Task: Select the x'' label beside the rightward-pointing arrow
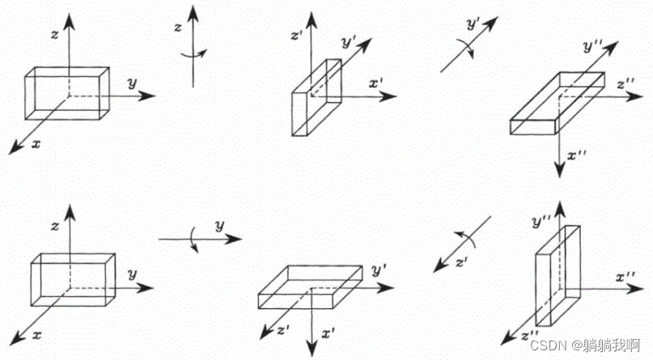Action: pyautogui.click(x=627, y=277)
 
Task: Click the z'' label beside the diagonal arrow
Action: pyautogui.click(x=531, y=335)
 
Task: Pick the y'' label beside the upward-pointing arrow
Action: pyautogui.click(x=542, y=219)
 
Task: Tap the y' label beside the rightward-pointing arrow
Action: pyautogui.click(x=378, y=269)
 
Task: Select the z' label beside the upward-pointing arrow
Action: pyautogui.click(x=295, y=36)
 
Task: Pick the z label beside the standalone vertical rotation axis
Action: pyautogui.click(x=178, y=27)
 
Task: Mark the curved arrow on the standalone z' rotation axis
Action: pyautogui.click(x=466, y=236)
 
